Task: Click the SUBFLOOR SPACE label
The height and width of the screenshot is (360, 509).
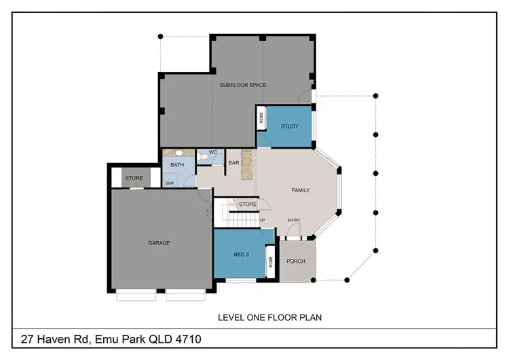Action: (x=242, y=85)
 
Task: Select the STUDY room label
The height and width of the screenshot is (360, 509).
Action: (x=290, y=126)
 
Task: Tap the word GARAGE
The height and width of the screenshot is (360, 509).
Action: (x=159, y=242)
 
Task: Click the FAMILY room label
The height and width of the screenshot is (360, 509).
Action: (x=300, y=190)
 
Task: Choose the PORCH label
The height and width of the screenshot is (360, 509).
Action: (x=296, y=262)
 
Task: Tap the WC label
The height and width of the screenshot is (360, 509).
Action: (x=212, y=152)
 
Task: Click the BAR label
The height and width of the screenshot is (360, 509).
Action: (x=233, y=163)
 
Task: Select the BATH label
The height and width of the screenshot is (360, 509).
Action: (x=177, y=165)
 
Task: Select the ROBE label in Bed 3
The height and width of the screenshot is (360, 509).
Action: (x=269, y=261)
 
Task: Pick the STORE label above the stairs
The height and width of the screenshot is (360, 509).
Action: (x=248, y=204)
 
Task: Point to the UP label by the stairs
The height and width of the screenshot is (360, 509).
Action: (x=262, y=220)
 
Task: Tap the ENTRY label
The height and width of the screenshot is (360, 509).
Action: (x=294, y=220)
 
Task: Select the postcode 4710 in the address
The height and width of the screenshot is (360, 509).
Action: (x=185, y=338)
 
